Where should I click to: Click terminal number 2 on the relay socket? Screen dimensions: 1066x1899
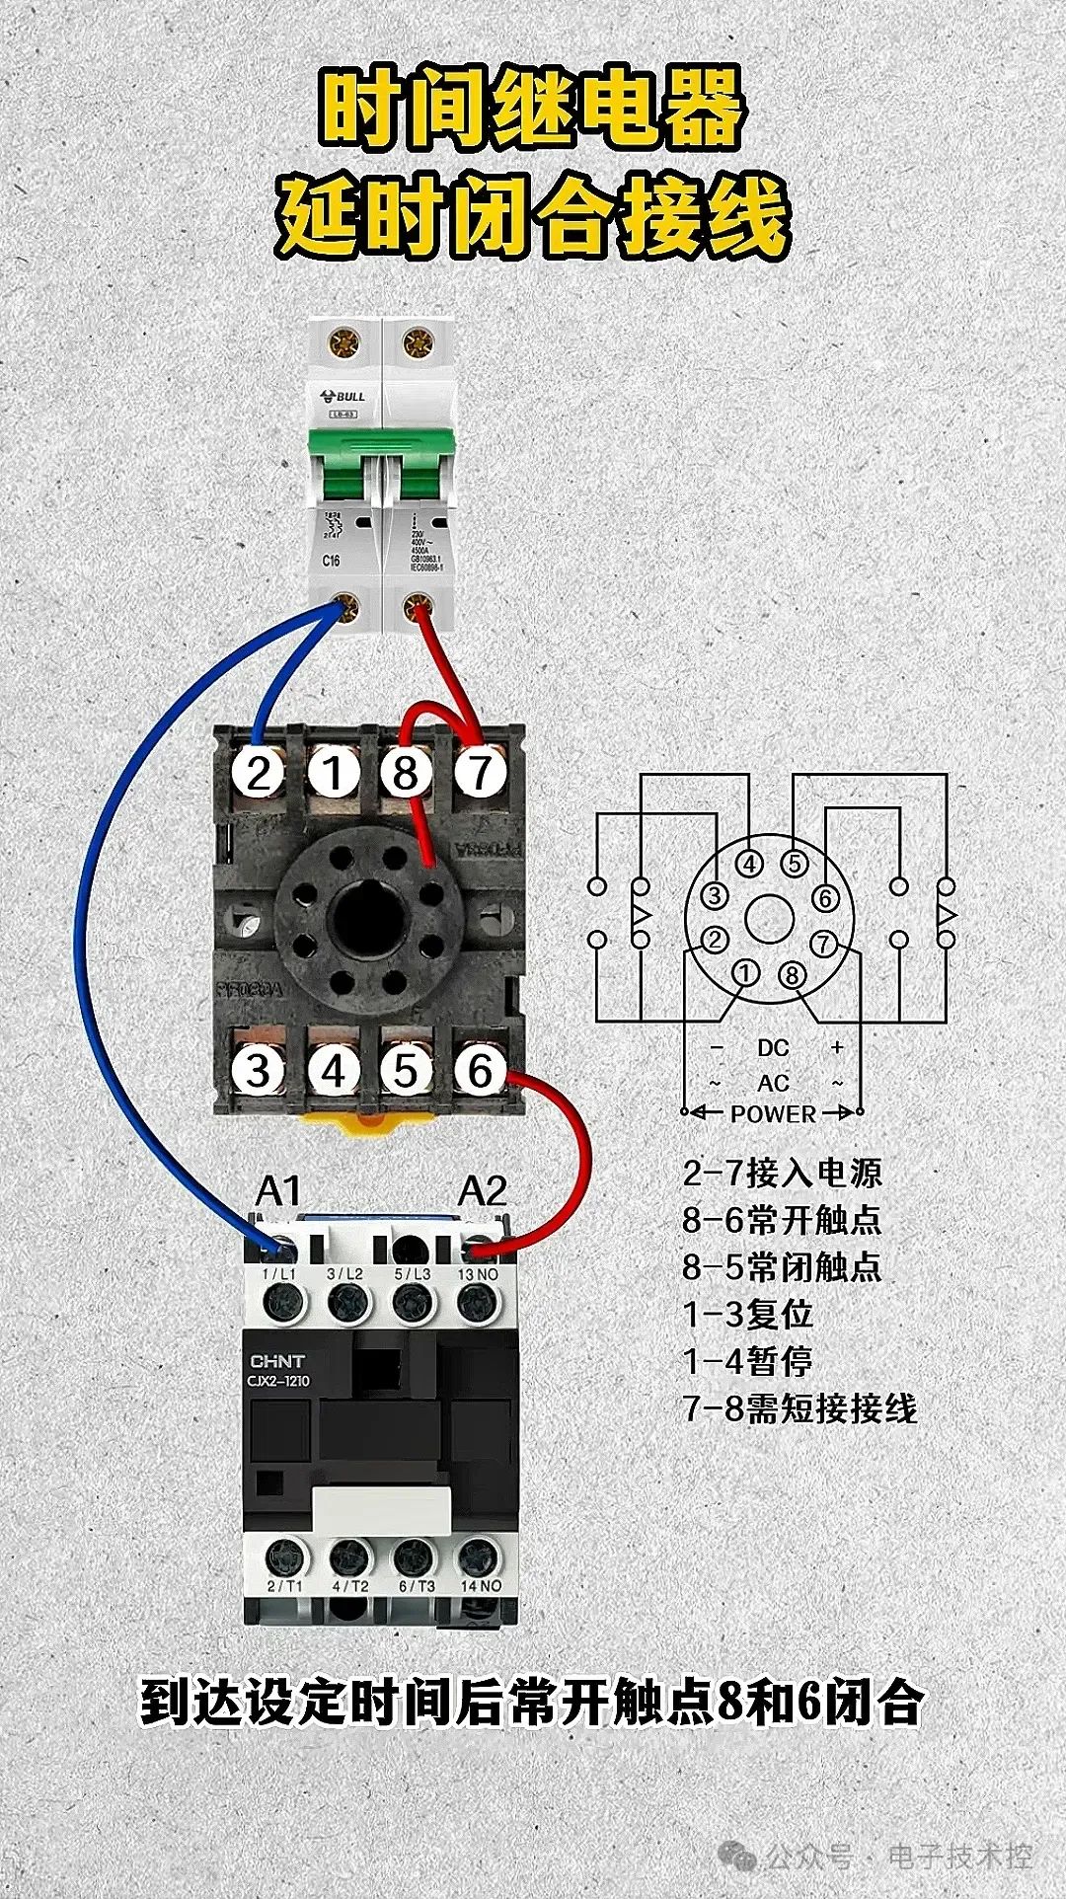click(258, 772)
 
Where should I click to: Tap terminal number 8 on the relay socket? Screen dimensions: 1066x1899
click(406, 772)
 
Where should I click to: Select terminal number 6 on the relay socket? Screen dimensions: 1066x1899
click(480, 1070)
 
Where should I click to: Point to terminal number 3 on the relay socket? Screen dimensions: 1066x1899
click(258, 1070)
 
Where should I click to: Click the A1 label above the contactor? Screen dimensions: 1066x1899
click(277, 1191)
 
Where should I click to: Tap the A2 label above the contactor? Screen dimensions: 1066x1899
click(482, 1191)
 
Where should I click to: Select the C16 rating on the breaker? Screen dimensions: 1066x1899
click(331, 561)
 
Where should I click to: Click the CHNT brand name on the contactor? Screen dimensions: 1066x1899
click(277, 1361)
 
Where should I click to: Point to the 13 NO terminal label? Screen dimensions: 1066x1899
click(479, 1274)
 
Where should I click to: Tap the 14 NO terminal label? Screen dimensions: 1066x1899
click(481, 1585)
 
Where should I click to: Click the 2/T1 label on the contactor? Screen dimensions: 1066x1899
click(284, 1585)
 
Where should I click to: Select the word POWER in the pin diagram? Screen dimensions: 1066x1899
click(773, 1113)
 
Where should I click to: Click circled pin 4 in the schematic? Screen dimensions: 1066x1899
click(750, 865)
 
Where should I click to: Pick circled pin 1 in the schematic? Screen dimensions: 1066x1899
click(746, 973)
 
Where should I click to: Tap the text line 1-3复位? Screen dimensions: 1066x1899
click(747, 1314)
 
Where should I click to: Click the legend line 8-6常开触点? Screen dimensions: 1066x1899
click(781, 1219)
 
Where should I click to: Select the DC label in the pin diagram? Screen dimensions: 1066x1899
click(773, 1048)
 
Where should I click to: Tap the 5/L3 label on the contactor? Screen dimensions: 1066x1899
click(413, 1274)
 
